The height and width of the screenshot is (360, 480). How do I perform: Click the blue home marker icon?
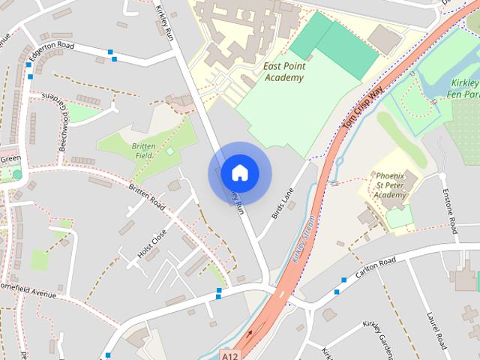[239, 172]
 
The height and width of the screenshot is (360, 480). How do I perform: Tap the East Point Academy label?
[284, 71]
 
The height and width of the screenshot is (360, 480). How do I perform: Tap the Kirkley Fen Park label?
[464, 89]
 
